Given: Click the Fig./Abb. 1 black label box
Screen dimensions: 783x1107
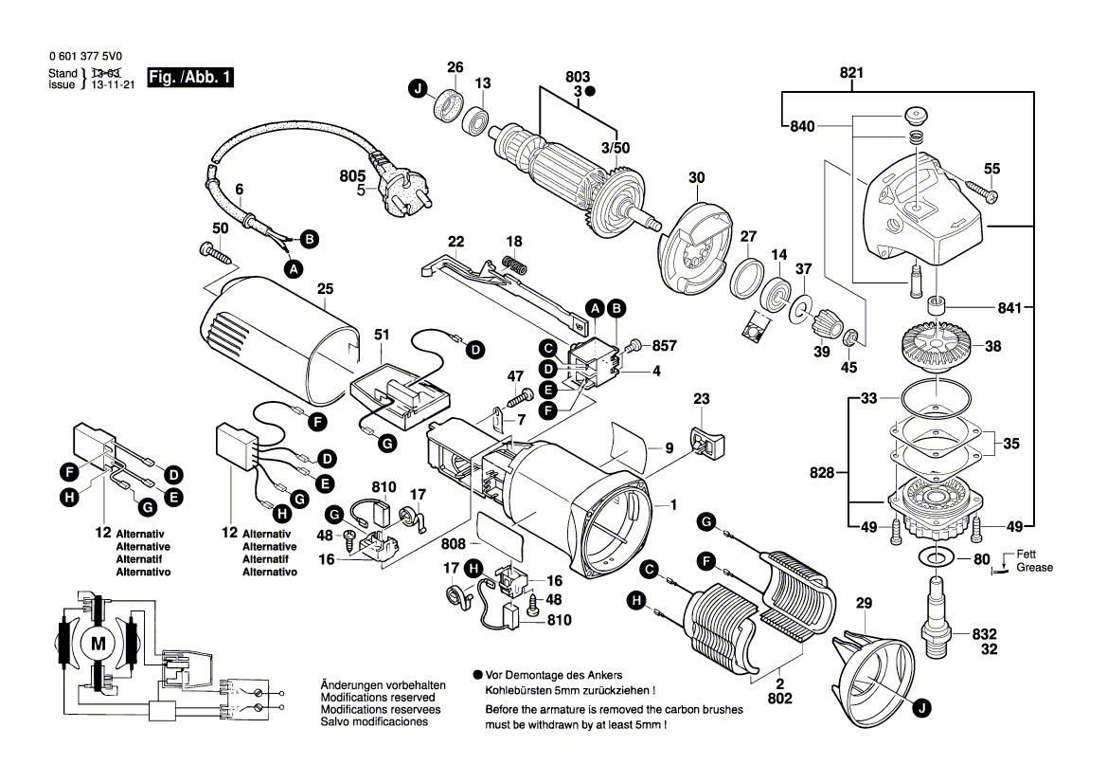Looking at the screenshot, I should click(190, 78).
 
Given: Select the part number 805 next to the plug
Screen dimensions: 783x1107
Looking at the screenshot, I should click(353, 175).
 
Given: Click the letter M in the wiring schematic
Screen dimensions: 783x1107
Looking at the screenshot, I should click(98, 645).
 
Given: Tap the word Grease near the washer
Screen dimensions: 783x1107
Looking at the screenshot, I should click(1034, 568).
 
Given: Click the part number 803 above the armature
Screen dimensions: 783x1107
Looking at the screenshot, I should click(578, 77).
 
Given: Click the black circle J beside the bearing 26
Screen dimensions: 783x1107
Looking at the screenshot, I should click(417, 89).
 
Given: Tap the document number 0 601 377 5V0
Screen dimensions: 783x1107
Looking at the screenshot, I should click(84, 56).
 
